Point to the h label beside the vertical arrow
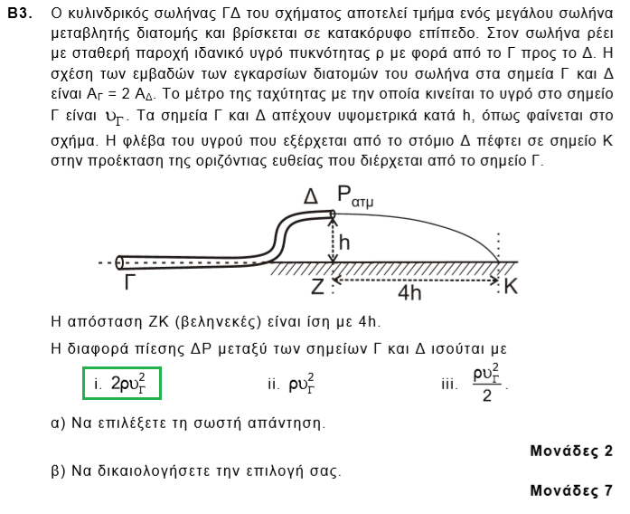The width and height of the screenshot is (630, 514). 344,242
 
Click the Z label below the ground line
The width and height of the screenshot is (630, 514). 317,287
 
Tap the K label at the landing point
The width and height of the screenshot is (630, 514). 511,287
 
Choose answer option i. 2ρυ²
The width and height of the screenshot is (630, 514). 121,383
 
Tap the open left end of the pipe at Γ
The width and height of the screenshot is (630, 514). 120,262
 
